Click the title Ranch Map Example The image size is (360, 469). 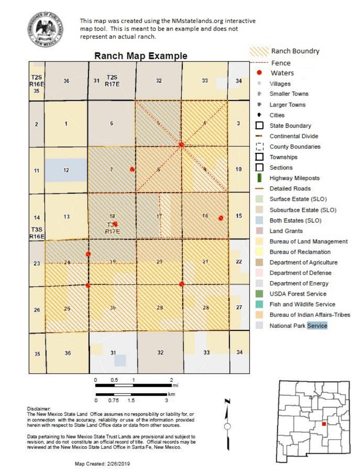[141, 56]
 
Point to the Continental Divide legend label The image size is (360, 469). [294, 136]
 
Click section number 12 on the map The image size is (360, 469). [66, 170]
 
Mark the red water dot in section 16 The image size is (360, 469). [221, 218]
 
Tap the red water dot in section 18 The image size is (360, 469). [115, 224]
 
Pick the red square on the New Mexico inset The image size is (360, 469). [324, 424]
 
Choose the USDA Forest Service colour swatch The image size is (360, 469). [259, 294]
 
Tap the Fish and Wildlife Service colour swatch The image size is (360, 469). [259, 304]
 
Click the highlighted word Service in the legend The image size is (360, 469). [317, 325]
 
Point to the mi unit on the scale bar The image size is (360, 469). [175, 385]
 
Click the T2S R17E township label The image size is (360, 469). [112, 80]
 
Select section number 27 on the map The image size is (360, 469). [239, 307]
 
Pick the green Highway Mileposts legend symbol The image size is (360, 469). [259, 178]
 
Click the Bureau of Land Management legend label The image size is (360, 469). [308, 241]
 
